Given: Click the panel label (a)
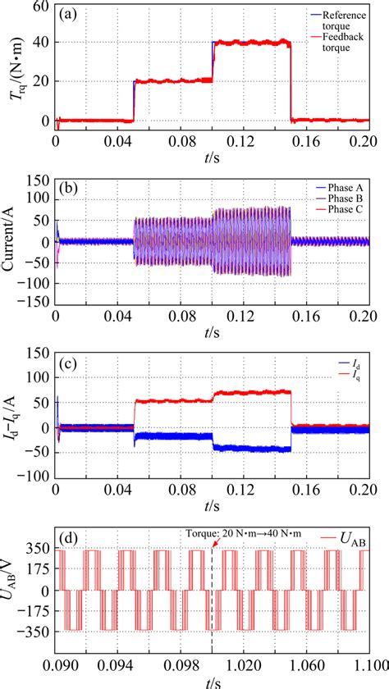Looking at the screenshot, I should click(71, 15).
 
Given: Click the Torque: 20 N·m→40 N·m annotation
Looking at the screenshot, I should click(262, 532).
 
